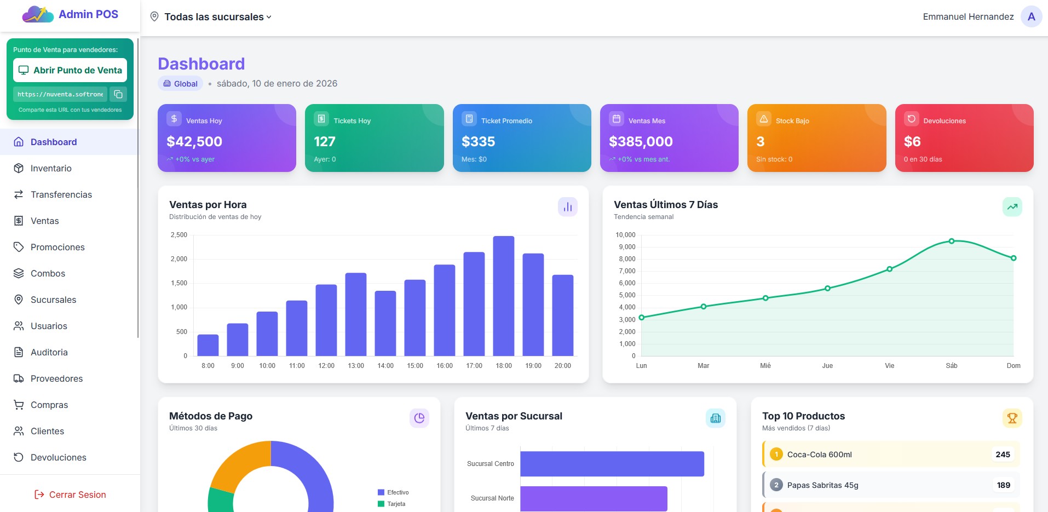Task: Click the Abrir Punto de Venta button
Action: [70, 70]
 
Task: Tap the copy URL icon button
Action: [118, 94]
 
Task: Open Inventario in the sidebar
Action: [51, 168]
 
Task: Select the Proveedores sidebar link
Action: [56, 378]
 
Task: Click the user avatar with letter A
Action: [1031, 16]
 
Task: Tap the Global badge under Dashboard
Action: [181, 84]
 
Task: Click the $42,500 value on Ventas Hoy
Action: [194, 142]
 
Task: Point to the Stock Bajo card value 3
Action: [761, 142]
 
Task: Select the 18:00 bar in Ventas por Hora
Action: [503, 296]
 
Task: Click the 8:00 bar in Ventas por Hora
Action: [208, 345]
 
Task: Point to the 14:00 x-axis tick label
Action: [385, 366]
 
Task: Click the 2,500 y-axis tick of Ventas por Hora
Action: [179, 235]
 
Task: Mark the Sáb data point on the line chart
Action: [952, 241]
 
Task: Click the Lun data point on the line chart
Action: [642, 318]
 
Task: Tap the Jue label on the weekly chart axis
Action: [827, 366]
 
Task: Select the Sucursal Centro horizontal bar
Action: [612, 464]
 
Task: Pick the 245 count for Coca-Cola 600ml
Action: [1003, 455]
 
